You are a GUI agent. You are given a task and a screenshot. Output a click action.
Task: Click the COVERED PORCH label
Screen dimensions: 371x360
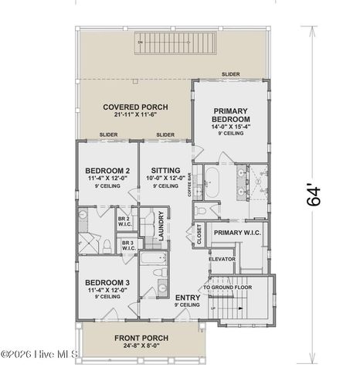click(x=135, y=107)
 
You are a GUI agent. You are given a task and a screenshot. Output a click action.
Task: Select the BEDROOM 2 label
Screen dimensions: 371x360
click(x=107, y=170)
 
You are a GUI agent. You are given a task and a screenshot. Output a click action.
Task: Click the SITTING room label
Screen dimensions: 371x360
click(x=165, y=170)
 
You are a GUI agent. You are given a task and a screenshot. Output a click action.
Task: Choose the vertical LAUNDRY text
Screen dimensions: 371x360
click(x=161, y=226)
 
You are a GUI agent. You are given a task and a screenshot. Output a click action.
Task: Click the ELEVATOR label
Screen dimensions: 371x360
click(x=222, y=258)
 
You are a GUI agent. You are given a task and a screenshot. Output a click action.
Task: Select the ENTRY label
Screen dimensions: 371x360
click(x=187, y=297)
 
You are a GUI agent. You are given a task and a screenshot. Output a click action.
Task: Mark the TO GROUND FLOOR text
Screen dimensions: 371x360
click(x=229, y=287)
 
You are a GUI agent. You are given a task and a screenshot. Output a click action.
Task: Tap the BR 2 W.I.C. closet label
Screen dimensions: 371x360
click(x=124, y=221)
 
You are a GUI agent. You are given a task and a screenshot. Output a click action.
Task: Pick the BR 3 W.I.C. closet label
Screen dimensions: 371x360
click(x=128, y=247)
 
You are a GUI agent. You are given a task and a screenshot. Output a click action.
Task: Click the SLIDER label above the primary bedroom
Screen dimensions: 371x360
click(x=230, y=74)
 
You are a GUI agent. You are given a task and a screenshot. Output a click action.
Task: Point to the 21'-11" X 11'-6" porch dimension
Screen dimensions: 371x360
click(x=135, y=115)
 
